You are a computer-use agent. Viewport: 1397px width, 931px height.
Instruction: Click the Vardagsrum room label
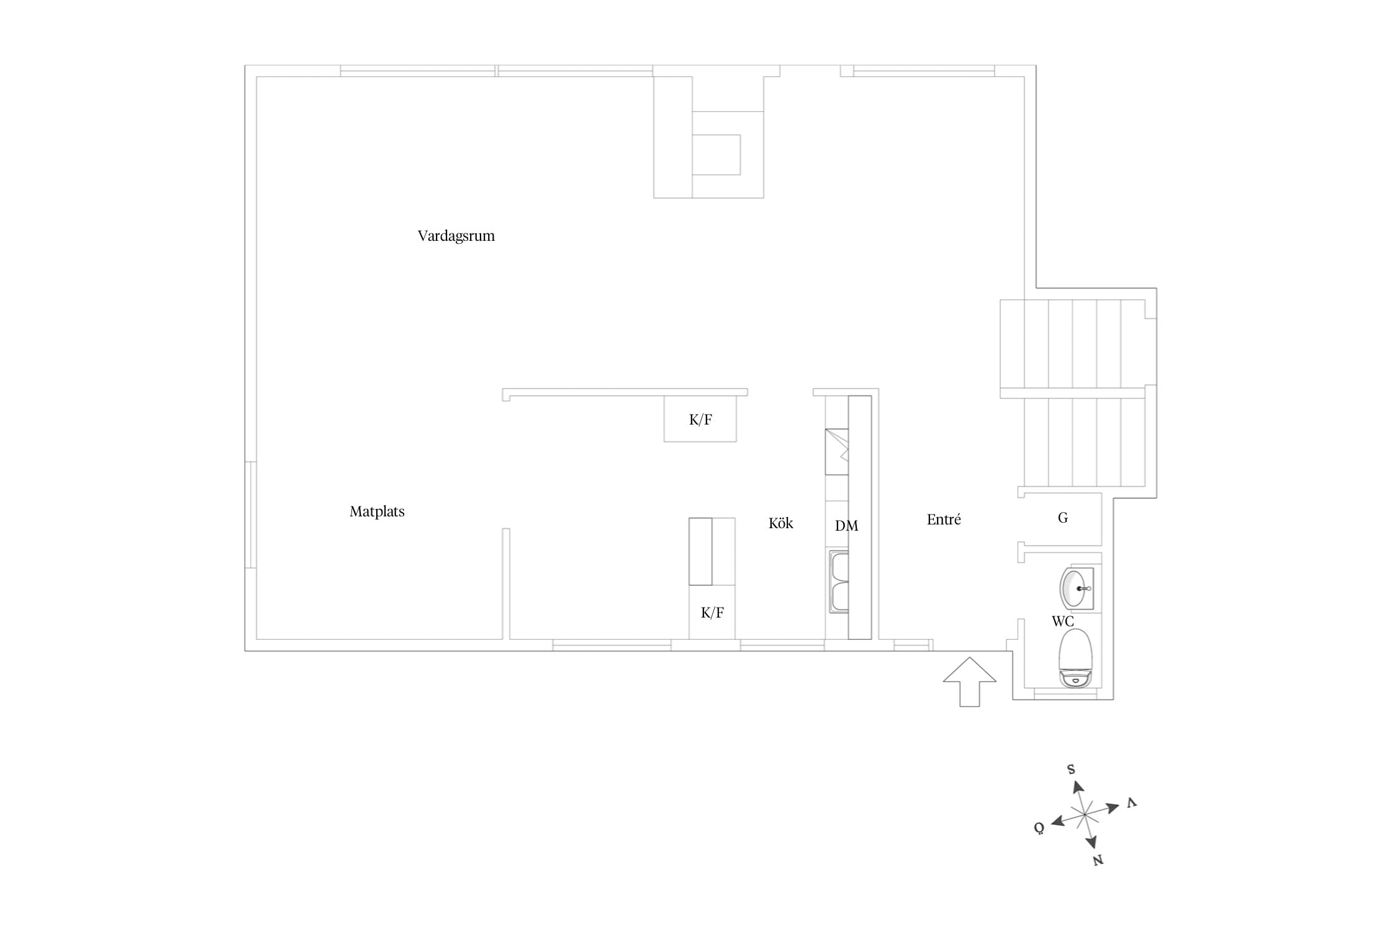(x=456, y=236)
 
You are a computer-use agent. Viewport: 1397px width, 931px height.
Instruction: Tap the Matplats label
(x=377, y=511)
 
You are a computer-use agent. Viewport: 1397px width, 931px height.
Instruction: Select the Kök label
(x=780, y=523)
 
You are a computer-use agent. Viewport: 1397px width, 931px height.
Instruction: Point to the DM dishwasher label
(x=846, y=526)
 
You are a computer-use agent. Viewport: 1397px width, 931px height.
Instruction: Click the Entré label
(x=944, y=519)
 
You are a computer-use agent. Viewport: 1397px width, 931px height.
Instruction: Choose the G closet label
(x=1063, y=518)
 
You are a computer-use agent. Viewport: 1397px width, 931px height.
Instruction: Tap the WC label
(x=1062, y=621)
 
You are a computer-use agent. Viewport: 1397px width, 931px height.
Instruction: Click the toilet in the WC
(x=1075, y=659)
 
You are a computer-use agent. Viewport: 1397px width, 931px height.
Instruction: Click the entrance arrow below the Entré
(x=970, y=682)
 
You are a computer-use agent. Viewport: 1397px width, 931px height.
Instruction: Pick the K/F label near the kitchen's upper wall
(x=700, y=420)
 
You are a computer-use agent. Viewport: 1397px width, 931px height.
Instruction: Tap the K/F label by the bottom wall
(x=712, y=613)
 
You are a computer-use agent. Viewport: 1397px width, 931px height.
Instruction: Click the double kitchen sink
(x=839, y=582)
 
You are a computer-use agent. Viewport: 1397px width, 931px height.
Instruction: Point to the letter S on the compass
(x=1071, y=770)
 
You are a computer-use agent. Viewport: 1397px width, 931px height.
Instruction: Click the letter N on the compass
(x=1098, y=860)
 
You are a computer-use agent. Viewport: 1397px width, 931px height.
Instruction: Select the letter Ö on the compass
(x=1039, y=828)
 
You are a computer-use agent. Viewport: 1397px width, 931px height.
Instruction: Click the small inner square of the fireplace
(x=717, y=155)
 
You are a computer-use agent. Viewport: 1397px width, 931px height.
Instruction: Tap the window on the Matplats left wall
(x=250, y=515)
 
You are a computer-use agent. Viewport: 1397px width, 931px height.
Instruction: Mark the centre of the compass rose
(x=1084, y=814)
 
